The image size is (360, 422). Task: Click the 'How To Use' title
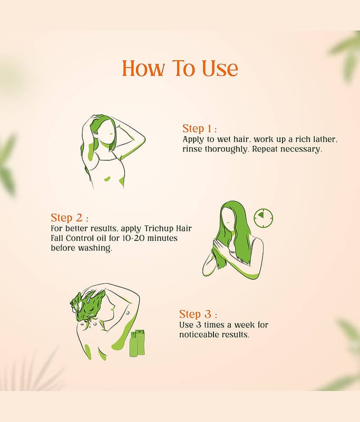(x=180, y=68)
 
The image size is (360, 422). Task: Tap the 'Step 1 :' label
(x=199, y=129)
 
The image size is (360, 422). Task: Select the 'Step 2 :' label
(x=70, y=217)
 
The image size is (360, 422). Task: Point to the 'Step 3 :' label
(x=198, y=314)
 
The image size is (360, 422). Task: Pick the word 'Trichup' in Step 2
(x=159, y=228)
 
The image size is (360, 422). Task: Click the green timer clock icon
(x=264, y=217)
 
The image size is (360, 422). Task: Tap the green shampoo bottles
(x=138, y=343)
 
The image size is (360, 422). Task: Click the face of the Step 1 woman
(x=105, y=132)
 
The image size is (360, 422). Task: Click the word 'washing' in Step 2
(x=95, y=248)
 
